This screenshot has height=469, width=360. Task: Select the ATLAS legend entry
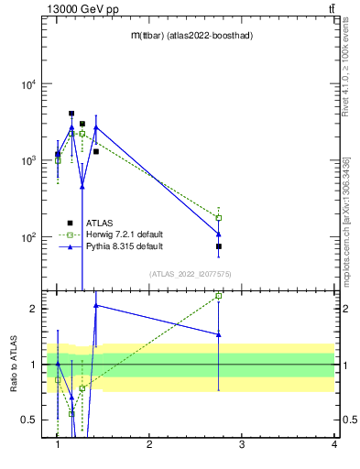[x=99, y=223]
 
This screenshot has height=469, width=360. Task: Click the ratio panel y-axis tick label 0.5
[x=29, y=420]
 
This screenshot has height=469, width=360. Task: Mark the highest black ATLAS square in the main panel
[x=71, y=114]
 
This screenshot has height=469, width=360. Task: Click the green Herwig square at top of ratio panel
[x=219, y=296]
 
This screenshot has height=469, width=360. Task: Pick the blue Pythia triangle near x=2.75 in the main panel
[x=219, y=233]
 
